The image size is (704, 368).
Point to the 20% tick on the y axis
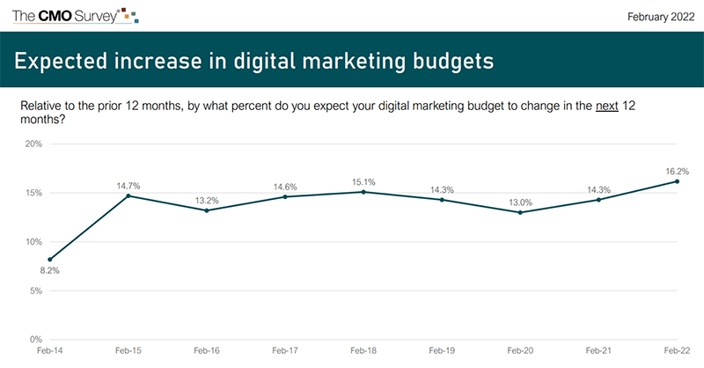(33, 144)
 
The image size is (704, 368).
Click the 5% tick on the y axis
(36, 291)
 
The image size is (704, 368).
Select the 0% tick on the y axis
(36, 339)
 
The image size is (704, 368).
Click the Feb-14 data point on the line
(50, 260)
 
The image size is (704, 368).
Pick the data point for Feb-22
(677, 181)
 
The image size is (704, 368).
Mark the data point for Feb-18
(363, 192)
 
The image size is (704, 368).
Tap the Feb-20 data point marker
(520, 212)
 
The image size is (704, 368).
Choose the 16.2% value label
(677, 171)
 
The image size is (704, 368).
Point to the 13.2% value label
(207, 200)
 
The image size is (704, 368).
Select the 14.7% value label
(128, 185)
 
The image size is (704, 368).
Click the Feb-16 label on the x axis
(207, 350)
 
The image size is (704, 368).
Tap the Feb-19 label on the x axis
(442, 350)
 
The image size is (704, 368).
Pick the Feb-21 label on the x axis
(598, 350)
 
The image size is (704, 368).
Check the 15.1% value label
(363, 181)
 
